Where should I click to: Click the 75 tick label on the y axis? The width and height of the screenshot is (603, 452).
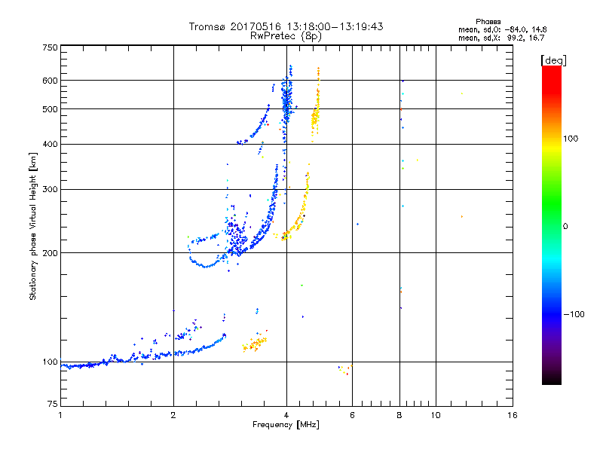coord(51,406)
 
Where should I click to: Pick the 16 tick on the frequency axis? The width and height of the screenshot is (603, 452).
coord(512,415)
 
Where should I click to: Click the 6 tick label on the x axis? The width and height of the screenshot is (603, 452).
coord(352,415)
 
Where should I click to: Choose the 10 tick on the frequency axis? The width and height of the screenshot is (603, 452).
coord(435,415)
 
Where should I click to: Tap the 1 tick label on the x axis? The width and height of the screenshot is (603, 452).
coord(60,415)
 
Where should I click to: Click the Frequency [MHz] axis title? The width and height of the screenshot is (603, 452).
coord(286,426)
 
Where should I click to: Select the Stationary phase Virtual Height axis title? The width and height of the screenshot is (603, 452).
coord(33,226)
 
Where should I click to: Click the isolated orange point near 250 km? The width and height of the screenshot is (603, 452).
coord(461,217)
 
